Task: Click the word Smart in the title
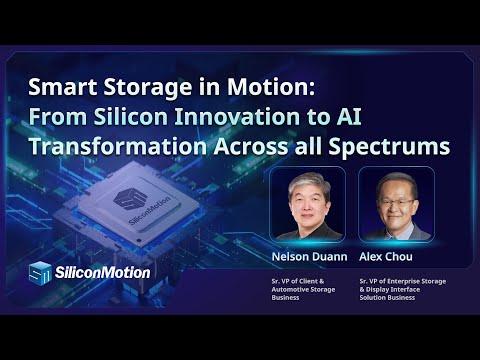point(62,87)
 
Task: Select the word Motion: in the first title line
point(271,87)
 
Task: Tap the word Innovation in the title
point(237,116)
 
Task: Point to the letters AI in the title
point(349,116)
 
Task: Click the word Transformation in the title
point(118,146)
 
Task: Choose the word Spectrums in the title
point(389,147)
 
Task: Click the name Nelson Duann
point(309,256)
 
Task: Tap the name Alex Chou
point(386,256)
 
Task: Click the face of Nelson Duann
point(309,202)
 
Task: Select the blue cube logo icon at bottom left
point(40,273)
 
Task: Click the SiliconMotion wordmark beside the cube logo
point(103,272)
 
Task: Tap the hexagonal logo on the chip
point(130,199)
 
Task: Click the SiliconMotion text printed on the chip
point(150,211)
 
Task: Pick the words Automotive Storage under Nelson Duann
point(303,289)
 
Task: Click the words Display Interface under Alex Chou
point(393,289)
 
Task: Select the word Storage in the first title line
point(148,87)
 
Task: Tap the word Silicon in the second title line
point(130,116)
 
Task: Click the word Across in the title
point(250,146)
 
